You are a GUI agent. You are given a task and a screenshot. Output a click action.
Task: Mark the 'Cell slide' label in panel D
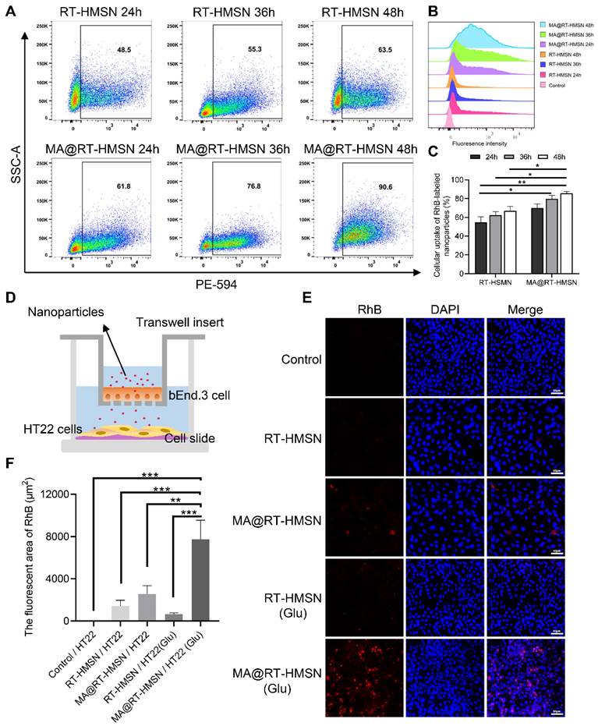click(x=206, y=437)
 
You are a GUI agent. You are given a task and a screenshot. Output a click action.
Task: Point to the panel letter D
click(x=10, y=299)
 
